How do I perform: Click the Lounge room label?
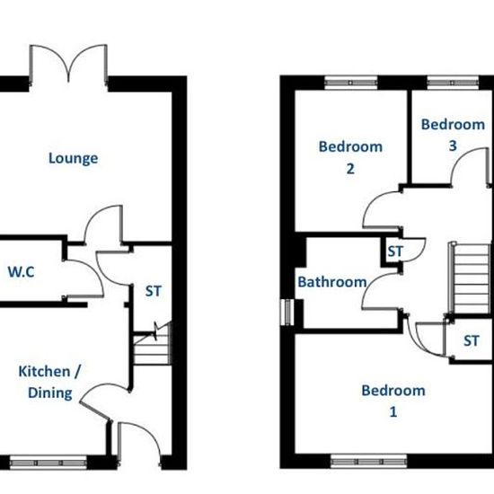[x=73, y=158]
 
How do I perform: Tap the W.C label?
[x=21, y=272]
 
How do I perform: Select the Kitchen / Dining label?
[x=49, y=382]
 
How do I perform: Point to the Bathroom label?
[x=332, y=282]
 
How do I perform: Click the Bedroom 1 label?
[x=393, y=401]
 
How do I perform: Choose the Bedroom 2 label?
[x=350, y=157]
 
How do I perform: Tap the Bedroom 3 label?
[x=453, y=135]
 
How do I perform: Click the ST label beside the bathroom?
[x=395, y=251]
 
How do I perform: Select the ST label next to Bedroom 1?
[x=471, y=341]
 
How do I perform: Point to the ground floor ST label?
[x=154, y=291]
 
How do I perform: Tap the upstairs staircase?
[x=469, y=278]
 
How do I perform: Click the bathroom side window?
[x=287, y=313]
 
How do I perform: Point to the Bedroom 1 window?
[x=368, y=462]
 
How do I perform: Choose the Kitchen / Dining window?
[x=49, y=463]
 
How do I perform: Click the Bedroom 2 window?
[x=351, y=83]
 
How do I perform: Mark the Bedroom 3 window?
[x=453, y=83]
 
